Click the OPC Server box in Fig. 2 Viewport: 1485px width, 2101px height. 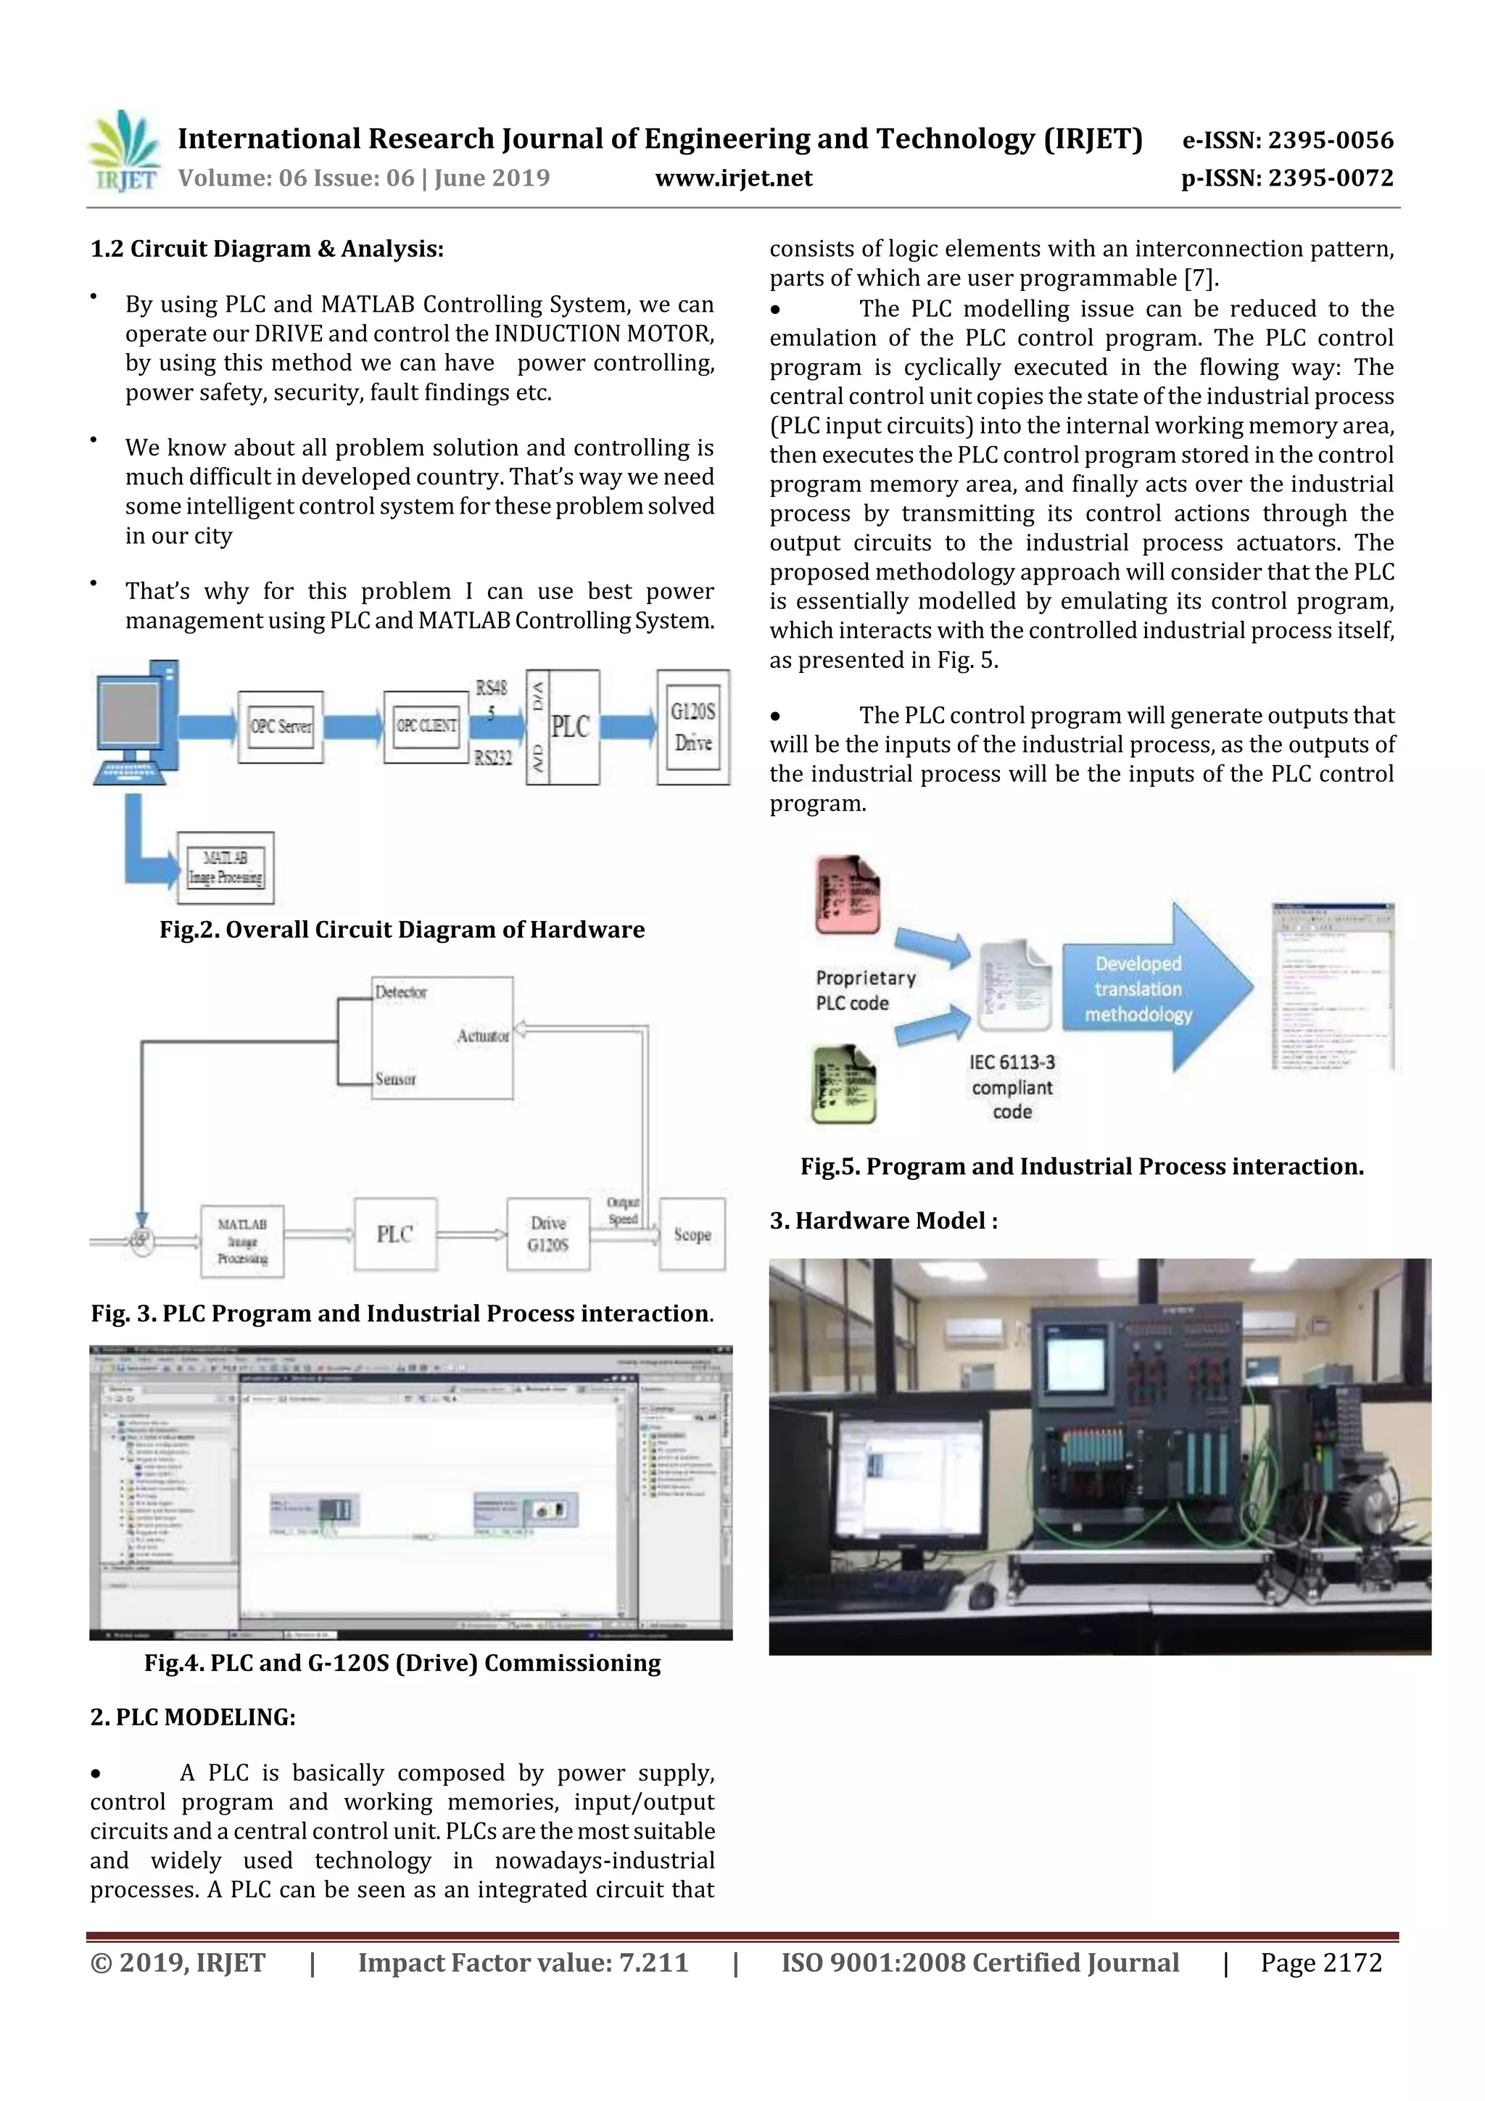pyautogui.click(x=280, y=727)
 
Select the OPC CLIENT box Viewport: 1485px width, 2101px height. pyautogui.click(x=426, y=727)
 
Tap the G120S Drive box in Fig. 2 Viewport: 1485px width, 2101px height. pyautogui.click(x=692, y=727)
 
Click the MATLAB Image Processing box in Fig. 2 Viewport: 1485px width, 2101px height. pyautogui.click(x=225, y=867)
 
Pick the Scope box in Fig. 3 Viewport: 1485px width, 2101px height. pyautogui.click(x=692, y=1234)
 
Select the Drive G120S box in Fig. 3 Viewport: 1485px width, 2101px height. pyautogui.click(x=548, y=1234)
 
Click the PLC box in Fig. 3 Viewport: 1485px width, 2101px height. pyautogui.click(x=395, y=1234)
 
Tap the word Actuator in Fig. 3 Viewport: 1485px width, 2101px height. pyautogui.click(x=483, y=1036)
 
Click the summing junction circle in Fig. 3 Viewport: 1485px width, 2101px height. pyautogui.click(x=140, y=1240)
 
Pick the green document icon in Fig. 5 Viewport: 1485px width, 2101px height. pyautogui.click(x=843, y=1085)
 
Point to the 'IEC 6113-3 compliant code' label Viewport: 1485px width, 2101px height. pyautogui.click(x=1012, y=1087)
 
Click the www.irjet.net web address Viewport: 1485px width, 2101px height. pyautogui.click(x=734, y=178)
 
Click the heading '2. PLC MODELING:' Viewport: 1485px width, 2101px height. pyautogui.click(x=193, y=1717)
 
